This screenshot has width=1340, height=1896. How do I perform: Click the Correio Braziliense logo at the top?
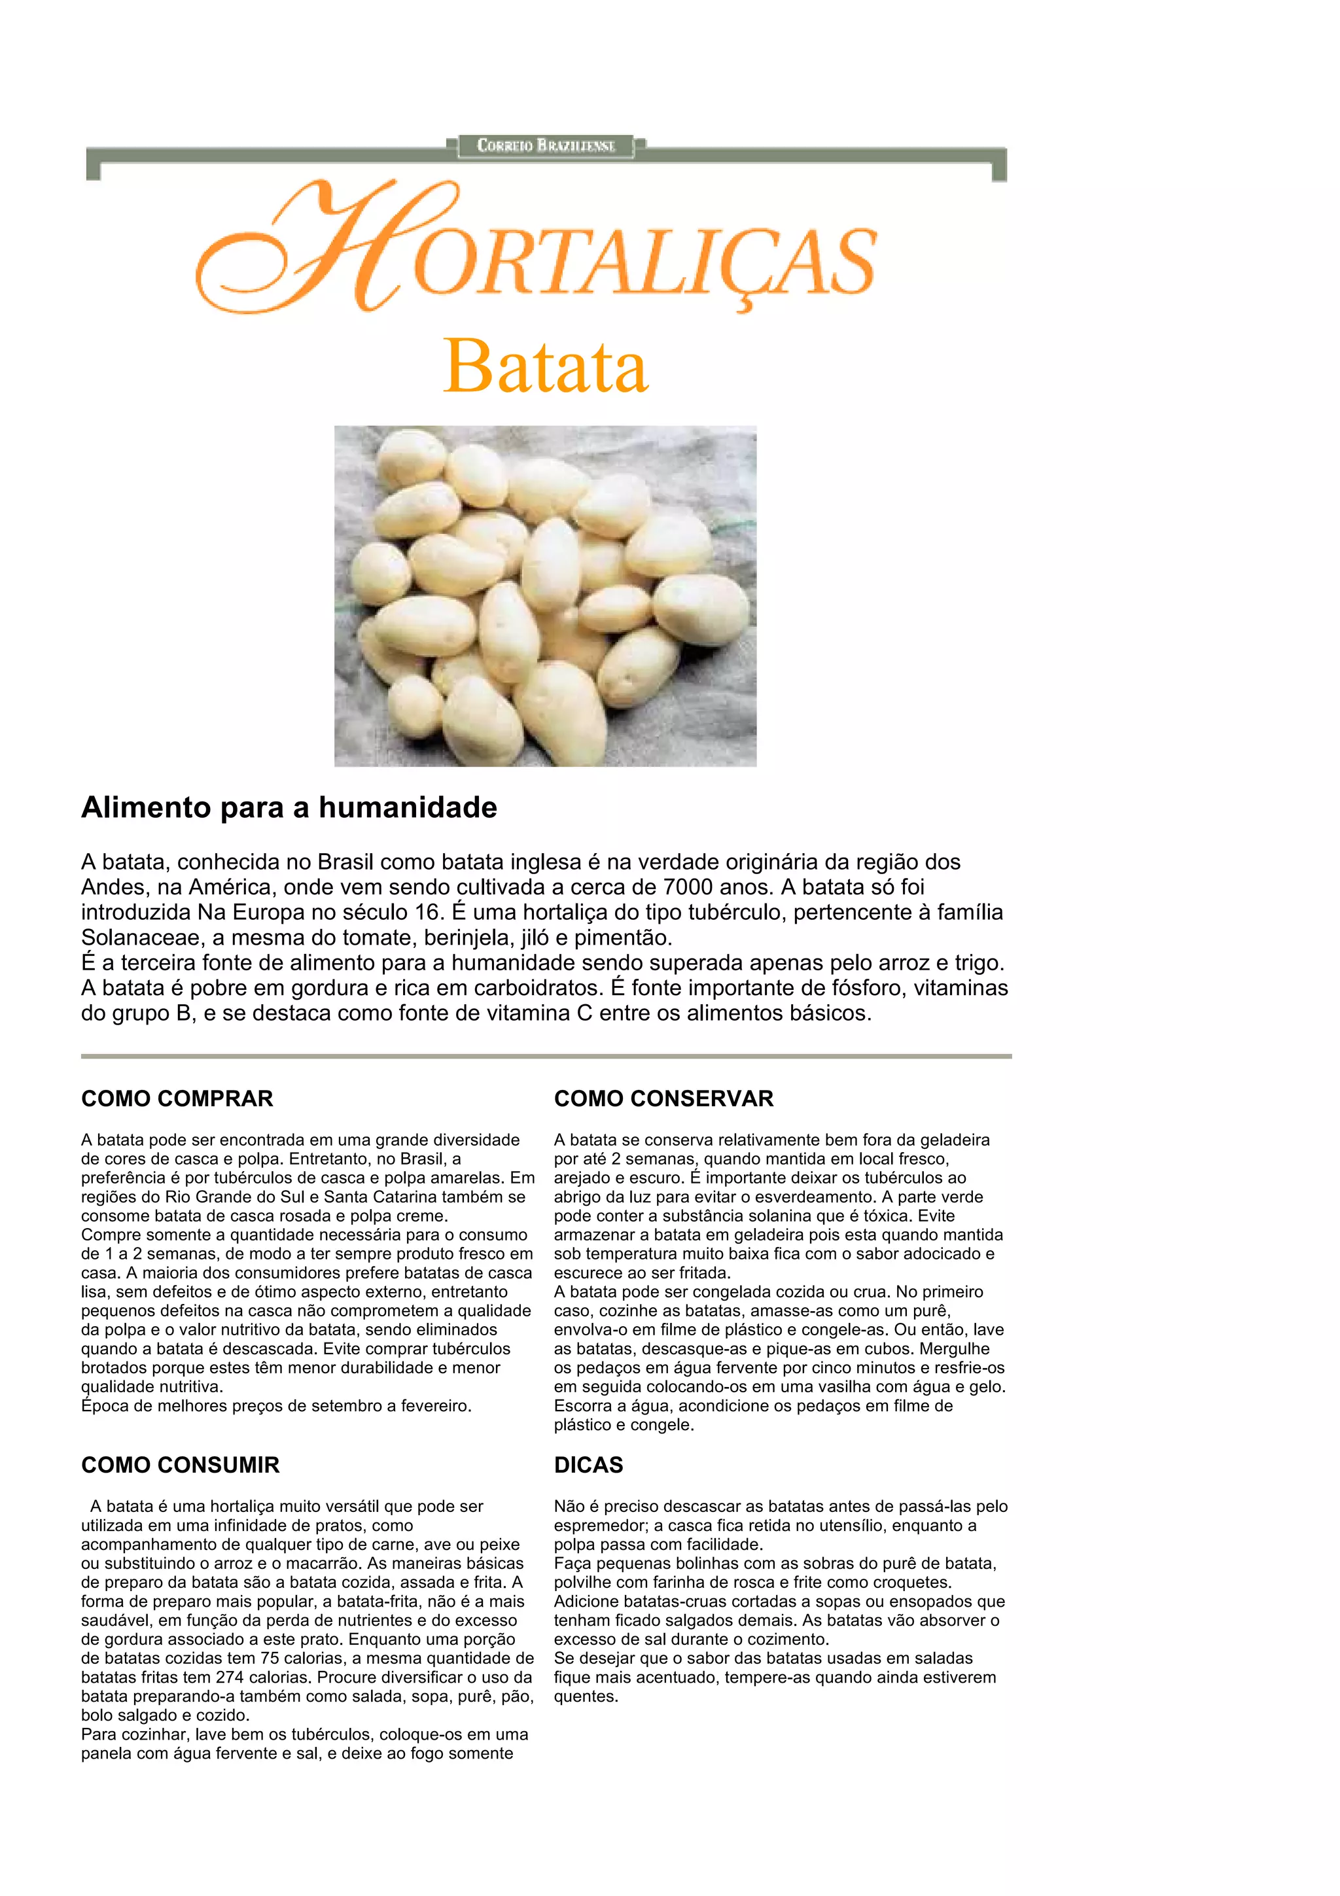(x=546, y=145)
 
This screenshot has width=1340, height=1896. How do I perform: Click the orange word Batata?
(x=546, y=366)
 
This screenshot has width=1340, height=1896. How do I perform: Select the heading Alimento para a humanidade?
(x=289, y=807)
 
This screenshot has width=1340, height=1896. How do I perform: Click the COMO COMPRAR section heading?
(x=177, y=1098)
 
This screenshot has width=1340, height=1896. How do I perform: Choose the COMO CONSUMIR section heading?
(x=180, y=1465)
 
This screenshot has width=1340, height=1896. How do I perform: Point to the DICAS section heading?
(x=588, y=1465)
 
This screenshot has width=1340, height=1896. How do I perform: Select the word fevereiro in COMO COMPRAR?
(x=433, y=1405)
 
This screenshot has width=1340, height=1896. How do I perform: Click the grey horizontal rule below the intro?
(x=546, y=1055)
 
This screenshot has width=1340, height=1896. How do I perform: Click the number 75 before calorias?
(x=271, y=1658)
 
